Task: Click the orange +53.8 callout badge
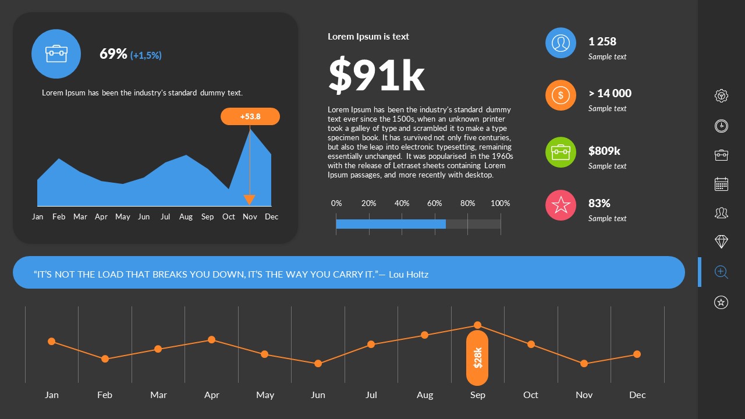(x=250, y=116)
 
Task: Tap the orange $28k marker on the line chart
(x=477, y=358)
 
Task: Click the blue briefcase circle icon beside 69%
(x=56, y=54)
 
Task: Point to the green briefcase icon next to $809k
(x=560, y=152)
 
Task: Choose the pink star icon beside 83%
(x=560, y=205)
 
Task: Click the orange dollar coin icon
(x=560, y=95)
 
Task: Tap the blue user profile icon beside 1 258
(x=560, y=43)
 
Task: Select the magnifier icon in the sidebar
(x=721, y=272)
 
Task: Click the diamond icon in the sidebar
(x=721, y=242)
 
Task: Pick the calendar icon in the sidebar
(x=721, y=184)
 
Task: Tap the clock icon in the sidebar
(x=721, y=126)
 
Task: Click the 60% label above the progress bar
(x=434, y=203)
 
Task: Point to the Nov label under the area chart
(x=250, y=216)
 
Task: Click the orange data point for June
(x=318, y=364)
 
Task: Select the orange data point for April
(x=211, y=340)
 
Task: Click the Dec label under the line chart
(x=637, y=395)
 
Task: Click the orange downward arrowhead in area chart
(x=249, y=200)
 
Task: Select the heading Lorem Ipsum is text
(x=368, y=36)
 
